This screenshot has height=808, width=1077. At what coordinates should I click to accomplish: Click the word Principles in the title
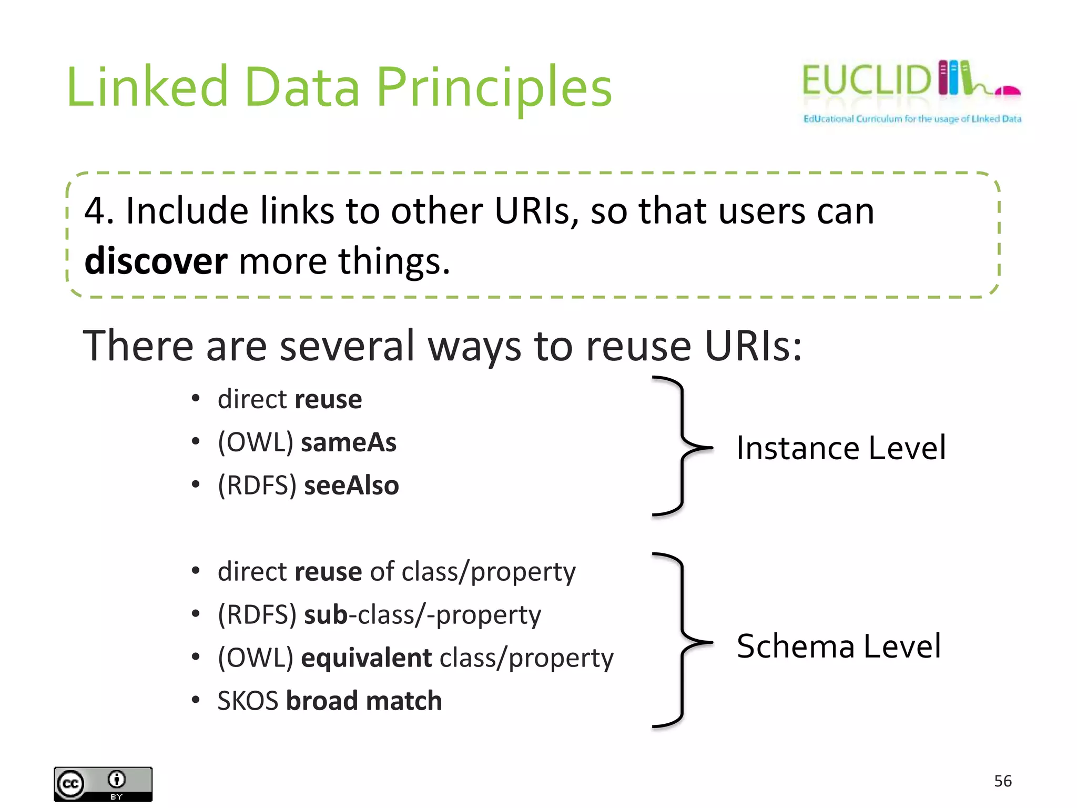pos(494,87)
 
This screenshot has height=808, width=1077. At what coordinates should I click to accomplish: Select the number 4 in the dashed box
pos(95,211)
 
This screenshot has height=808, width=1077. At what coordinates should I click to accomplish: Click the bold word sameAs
pos(349,442)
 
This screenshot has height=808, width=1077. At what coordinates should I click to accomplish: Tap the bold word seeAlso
pos(352,485)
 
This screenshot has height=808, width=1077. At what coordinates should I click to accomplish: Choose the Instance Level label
pos(841,448)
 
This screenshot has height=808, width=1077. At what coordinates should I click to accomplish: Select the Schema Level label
pos(839,646)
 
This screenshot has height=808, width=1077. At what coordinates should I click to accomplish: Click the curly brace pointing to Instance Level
pos(682,447)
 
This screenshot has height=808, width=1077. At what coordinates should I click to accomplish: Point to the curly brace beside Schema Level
pos(682,642)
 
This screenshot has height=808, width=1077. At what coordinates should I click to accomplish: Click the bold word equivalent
pos(367,658)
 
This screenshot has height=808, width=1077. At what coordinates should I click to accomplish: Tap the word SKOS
pos(248,701)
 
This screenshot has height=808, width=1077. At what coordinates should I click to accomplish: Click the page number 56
pos(1003,781)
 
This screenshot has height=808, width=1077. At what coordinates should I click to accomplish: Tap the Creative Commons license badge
pos(103,784)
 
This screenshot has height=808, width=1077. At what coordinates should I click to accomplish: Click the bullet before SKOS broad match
pos(196,700)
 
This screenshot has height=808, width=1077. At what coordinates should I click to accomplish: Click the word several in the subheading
pos(347,346)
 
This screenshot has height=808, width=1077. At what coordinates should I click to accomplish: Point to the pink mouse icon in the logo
pos(1008,91)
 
